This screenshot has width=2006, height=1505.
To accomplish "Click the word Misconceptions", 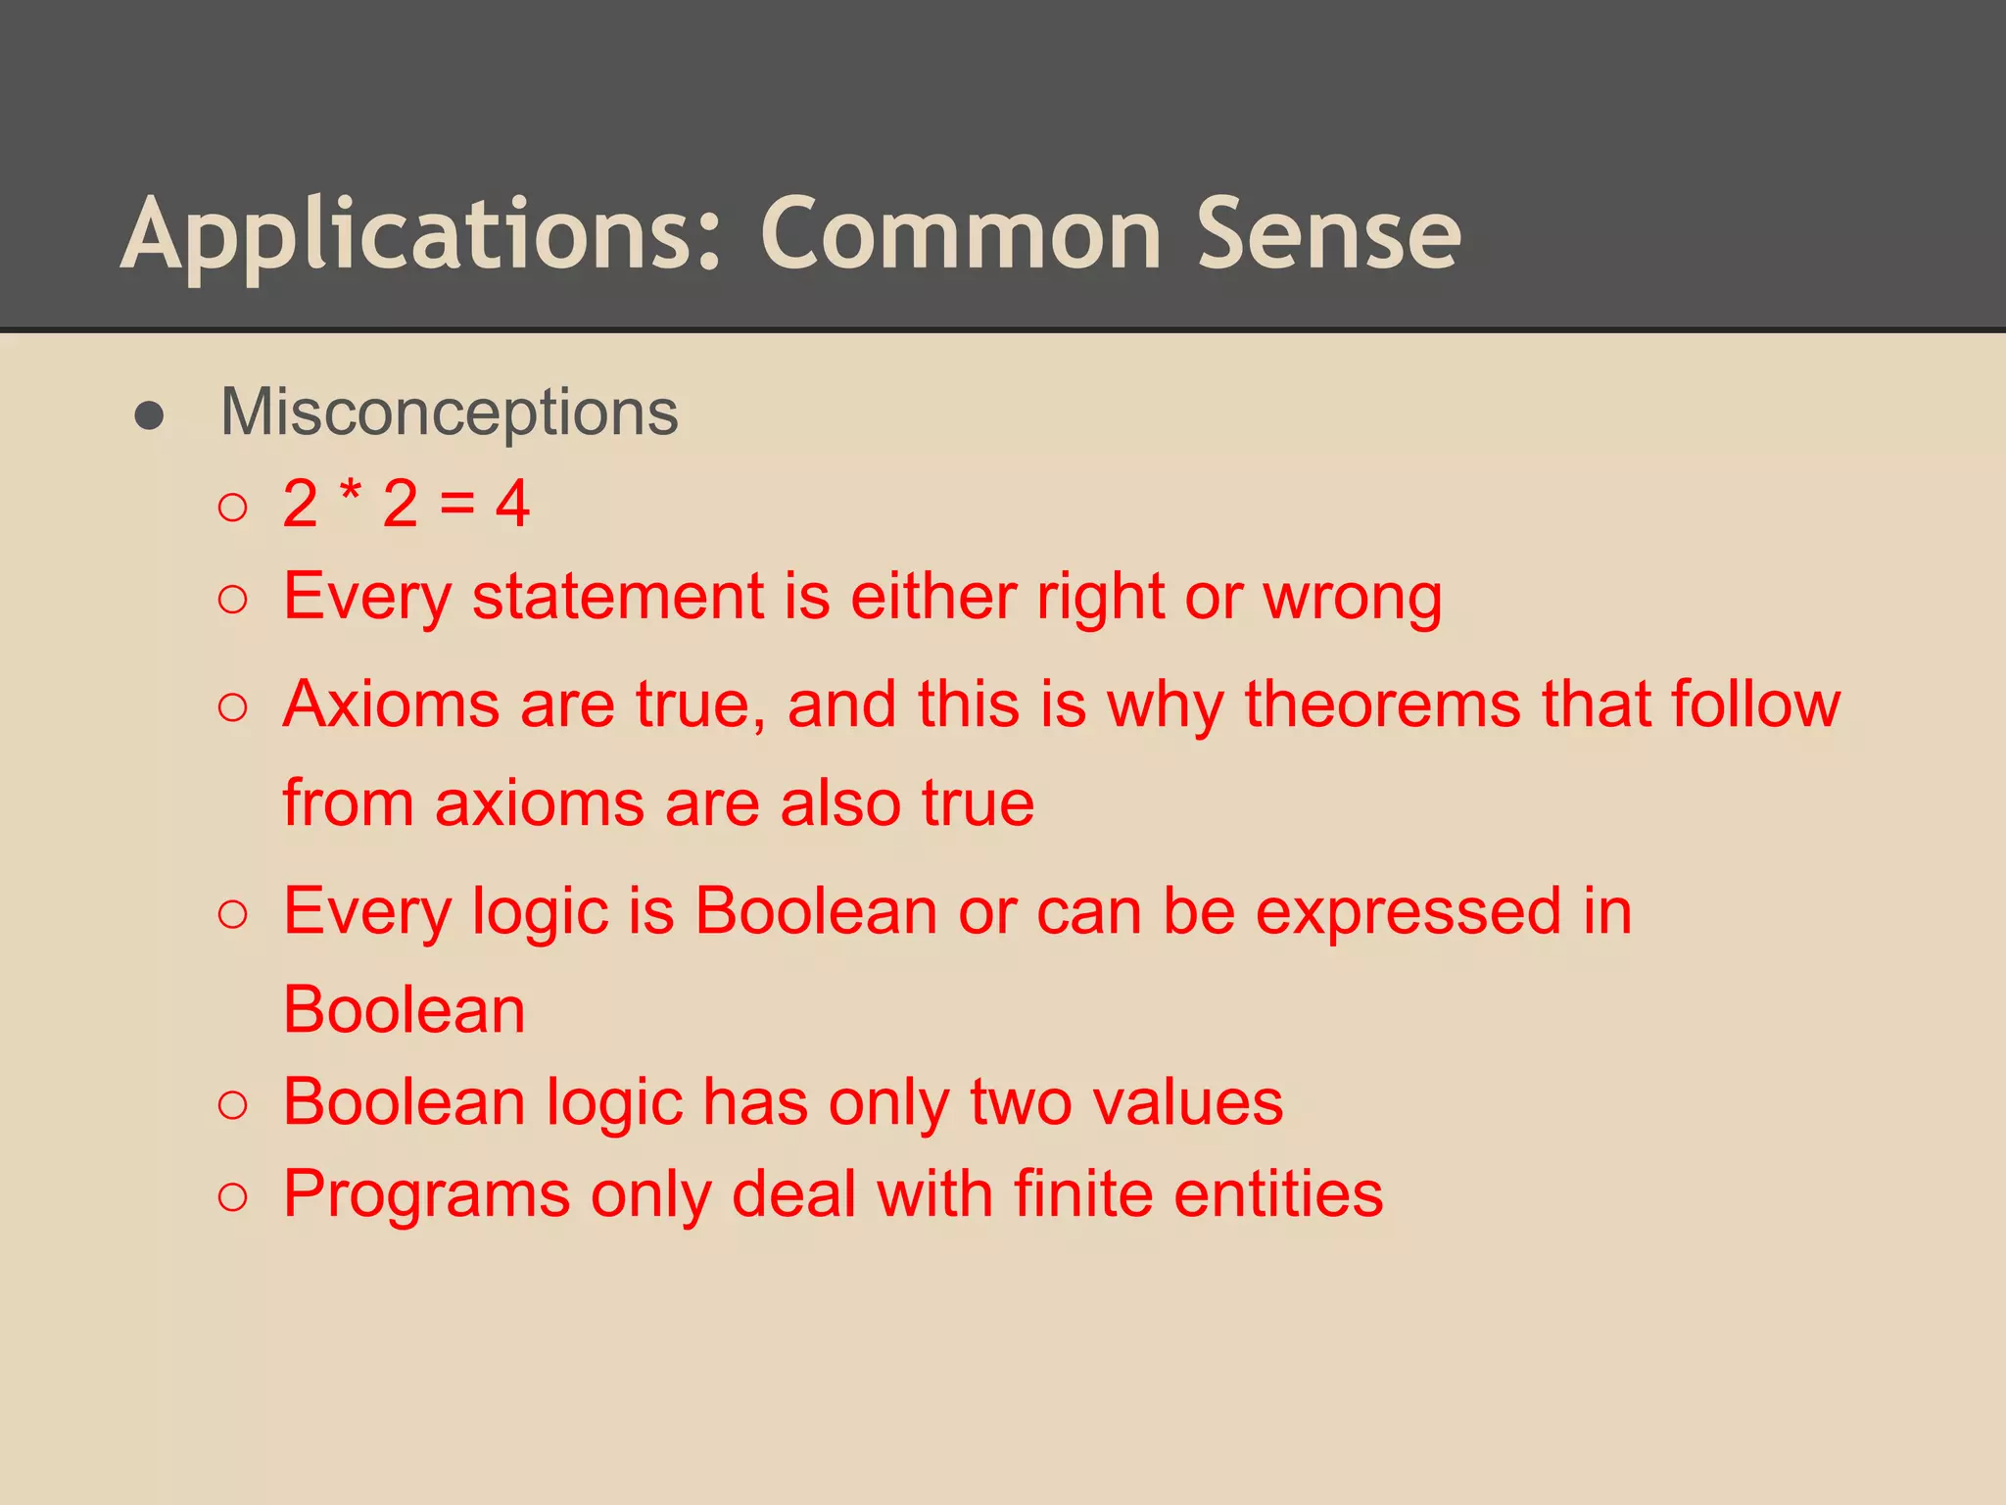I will point(449,413).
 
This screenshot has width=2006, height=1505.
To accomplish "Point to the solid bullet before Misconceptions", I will point(149,415).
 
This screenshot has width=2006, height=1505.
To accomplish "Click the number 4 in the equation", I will point(512,504).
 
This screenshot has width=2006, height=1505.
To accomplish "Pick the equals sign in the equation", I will point(456,504).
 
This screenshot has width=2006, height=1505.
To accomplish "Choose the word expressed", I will point(1409,912).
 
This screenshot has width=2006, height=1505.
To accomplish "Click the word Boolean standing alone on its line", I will point(404,1009).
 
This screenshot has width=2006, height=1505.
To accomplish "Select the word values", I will point(1187,1101).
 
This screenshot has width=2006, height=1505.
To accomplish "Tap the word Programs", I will point(426,1195).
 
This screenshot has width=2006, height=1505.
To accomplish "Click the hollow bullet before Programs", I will point(233,1196).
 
